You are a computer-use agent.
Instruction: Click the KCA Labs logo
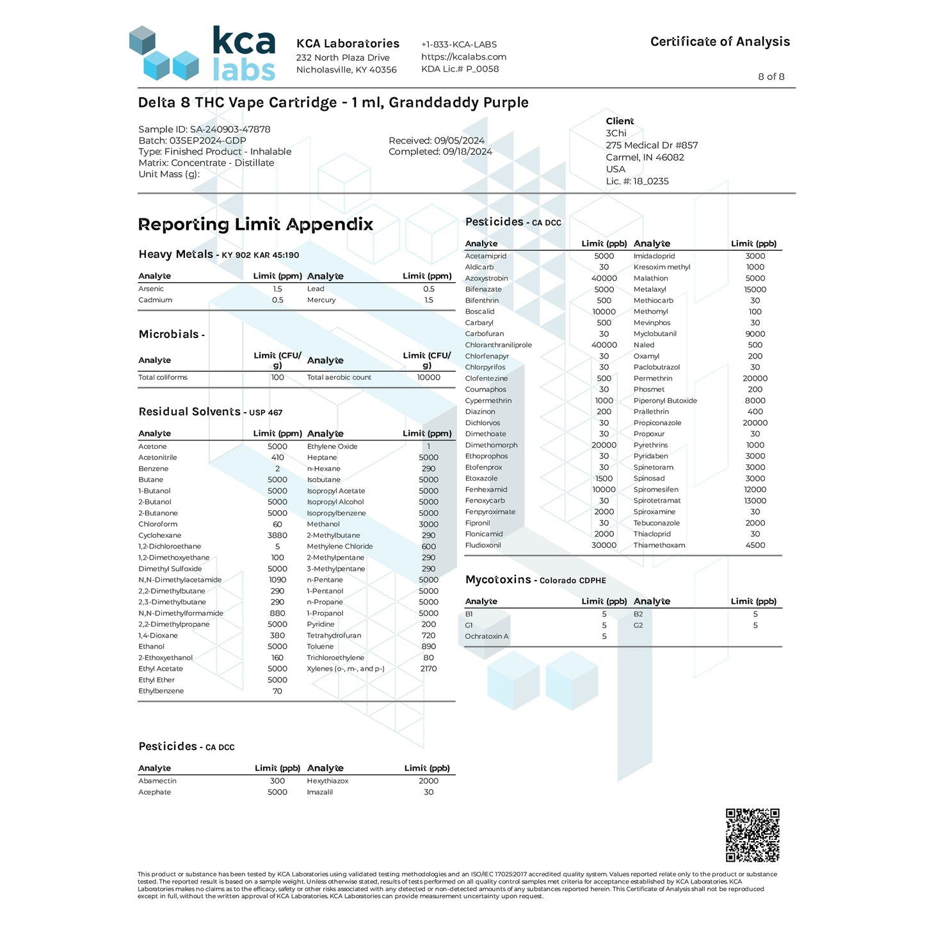click(x=202, y=54)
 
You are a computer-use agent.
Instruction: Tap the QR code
click(x=752, y=835)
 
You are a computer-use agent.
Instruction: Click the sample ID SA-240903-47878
click(x=230, y=129)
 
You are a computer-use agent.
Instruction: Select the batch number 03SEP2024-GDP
click(x=207, y=141)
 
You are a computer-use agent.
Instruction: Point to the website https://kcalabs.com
click(x=463, y=57)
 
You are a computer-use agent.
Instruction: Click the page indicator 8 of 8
click(x=771, y=77)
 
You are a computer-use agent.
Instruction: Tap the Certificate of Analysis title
click(x=720, y=42)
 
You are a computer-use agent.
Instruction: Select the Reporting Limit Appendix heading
click(x=255, y=225)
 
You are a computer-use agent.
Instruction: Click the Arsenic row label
click(x=151, y=289)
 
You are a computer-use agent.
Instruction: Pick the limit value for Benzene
click(x=277, y=469)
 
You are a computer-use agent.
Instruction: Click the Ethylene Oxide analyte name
click(x=332, y=447)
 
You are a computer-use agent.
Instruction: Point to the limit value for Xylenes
click(x=428, y=669)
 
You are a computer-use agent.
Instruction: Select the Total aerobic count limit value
click(x=428, y=378)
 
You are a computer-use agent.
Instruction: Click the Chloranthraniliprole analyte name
click(x=498, y=345)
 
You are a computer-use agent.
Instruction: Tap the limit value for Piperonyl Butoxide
click(x=755, y=401)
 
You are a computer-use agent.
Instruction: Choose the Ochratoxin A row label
click(x=487, y=636)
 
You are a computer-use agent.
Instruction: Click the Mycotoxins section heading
click(x=498, y=580)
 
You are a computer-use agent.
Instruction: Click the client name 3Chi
click(x=616, y=133)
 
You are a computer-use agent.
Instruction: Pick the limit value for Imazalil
click(x=428, y=792)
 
